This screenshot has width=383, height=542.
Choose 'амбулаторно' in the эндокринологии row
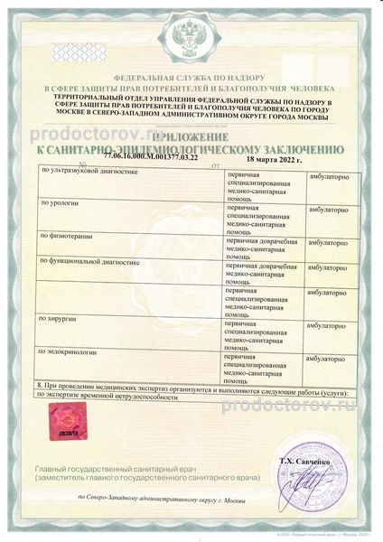coord(331,358)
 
